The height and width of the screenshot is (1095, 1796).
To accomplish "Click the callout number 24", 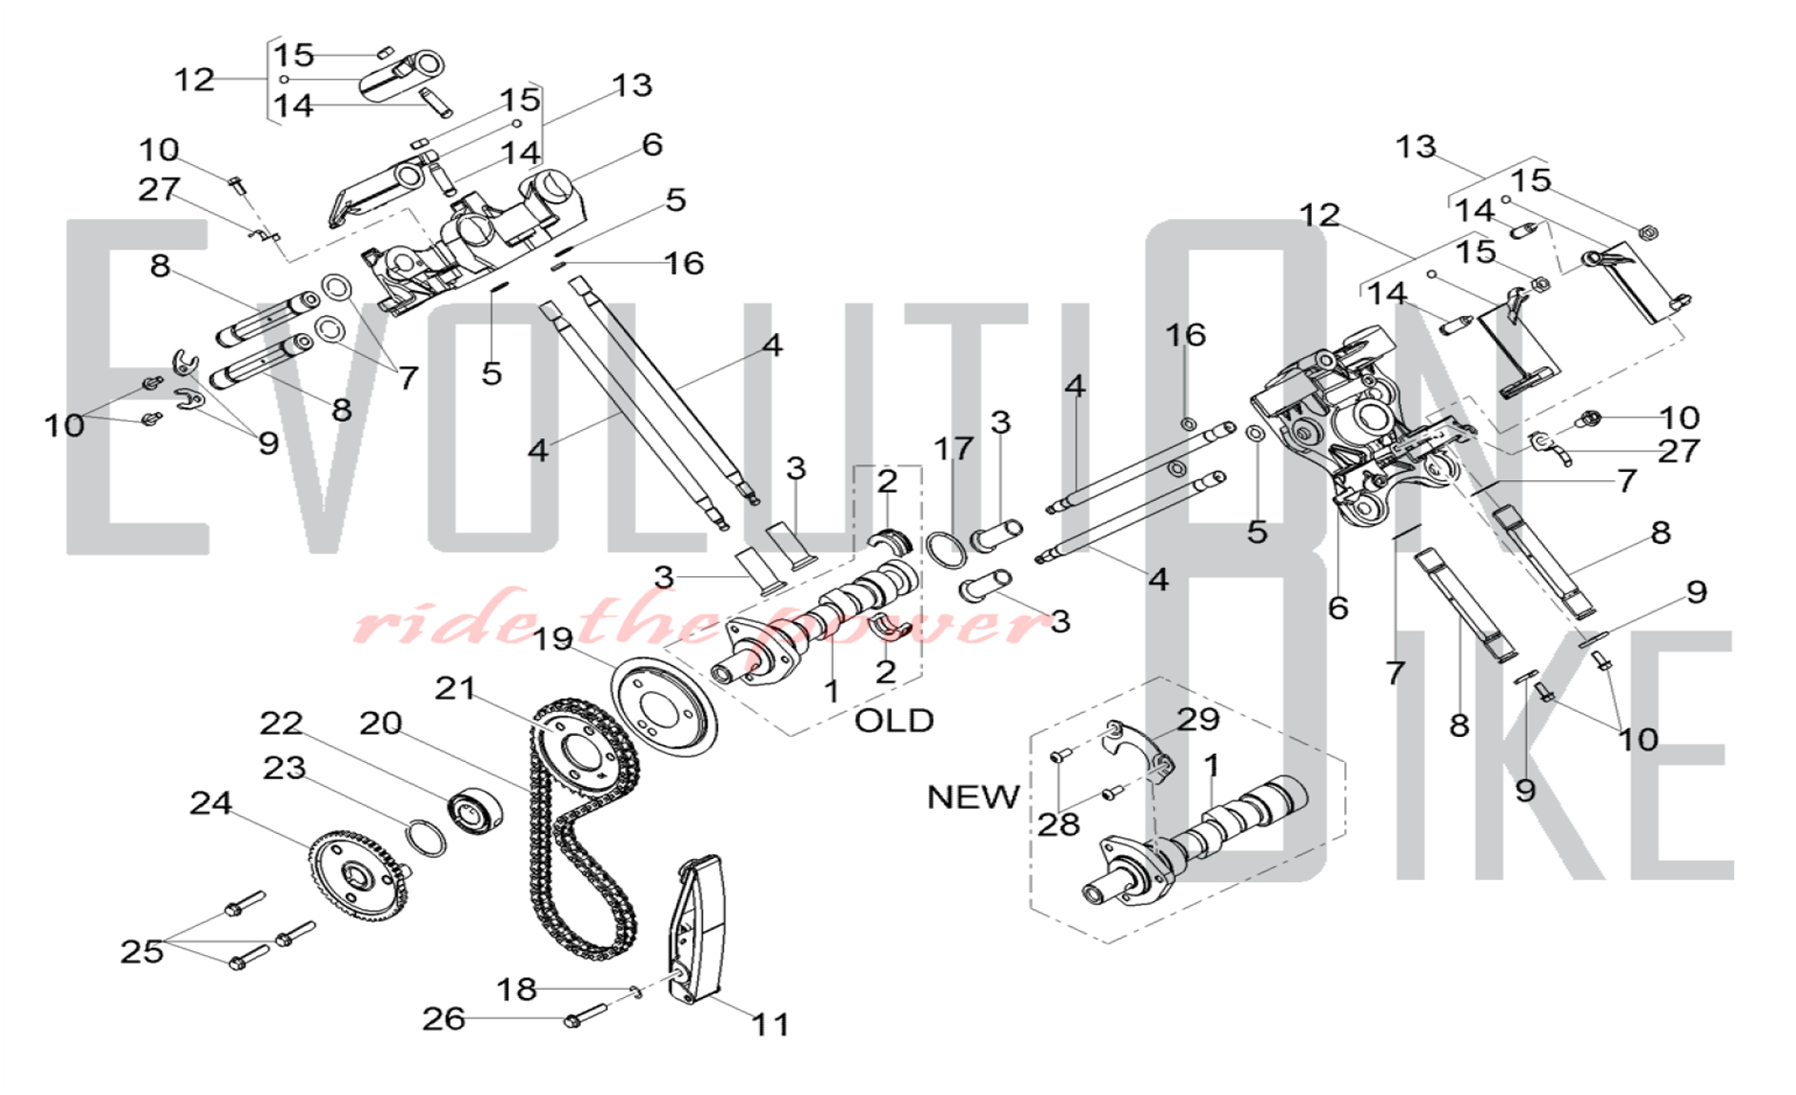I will [211, 803].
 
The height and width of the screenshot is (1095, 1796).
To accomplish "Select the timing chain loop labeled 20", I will [584, 862].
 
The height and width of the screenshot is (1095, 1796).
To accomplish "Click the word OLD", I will [894, 721].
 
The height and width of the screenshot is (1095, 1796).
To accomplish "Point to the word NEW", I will [973, 797].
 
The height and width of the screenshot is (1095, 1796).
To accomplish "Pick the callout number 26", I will [444, 1019].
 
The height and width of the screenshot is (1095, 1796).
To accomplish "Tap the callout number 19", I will [553, 639].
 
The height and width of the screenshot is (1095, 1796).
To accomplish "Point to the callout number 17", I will [953, 448].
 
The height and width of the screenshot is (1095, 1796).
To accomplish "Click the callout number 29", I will [1198, 719].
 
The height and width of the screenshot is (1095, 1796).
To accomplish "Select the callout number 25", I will [142, 951].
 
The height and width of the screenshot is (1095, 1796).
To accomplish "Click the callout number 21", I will [455, 688].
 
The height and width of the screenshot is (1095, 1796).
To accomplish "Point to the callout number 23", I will [284, 768].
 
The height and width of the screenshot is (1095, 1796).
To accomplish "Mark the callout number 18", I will [516, 989].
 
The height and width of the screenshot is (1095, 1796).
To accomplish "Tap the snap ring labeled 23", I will [427, 837].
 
